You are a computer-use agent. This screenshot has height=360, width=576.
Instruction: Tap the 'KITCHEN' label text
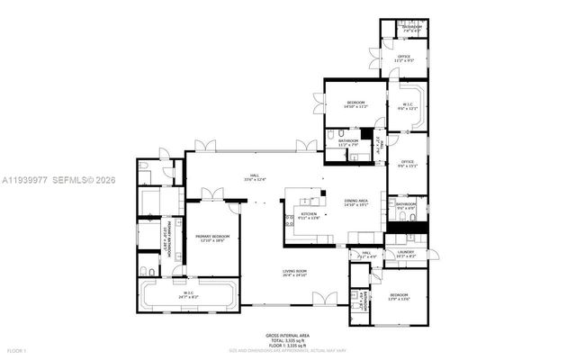click(297, 214)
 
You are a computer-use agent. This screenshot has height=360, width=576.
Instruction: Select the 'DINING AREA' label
click(355, 201)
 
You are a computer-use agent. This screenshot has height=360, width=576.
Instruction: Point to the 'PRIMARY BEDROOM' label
click(213, 236)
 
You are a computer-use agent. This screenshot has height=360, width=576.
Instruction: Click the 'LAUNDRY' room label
click(407, 253)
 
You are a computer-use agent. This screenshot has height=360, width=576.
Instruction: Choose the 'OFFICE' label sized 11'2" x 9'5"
click(404, 57)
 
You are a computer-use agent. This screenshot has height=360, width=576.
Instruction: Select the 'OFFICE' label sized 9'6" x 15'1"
click(407, 162)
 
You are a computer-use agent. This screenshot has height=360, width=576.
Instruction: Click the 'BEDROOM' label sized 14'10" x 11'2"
click(355, 103)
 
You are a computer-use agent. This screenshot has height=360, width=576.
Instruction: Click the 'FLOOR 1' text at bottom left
click(16, 350)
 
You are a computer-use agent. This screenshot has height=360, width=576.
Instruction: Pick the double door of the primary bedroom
click(212, 194)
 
